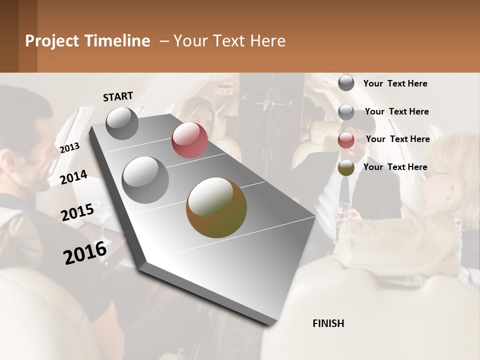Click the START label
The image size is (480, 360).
click(x=118, y=96)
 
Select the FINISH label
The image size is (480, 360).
click(x=328, y=323)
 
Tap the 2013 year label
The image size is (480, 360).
click(x=69, y=147)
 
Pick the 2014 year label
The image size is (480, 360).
click(x=73, y=177)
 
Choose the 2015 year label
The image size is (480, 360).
click(x=77, y=212)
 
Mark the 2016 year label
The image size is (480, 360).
click(x=85, y=252)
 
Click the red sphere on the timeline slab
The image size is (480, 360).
click(x=189, y=140)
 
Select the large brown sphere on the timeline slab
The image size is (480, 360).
click(x=216, y=207)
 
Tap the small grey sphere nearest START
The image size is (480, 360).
click(x=122, y=123)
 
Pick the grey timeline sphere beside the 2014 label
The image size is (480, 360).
click(x=145, y=179)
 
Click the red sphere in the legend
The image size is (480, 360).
click(x=346, y=140)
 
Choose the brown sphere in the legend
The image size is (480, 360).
click(x=346, y=168)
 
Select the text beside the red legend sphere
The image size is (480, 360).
click(x=397, y=139)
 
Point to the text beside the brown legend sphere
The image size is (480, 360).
click(x=395, y=167)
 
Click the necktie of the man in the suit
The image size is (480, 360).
click(x=344, y=189)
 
